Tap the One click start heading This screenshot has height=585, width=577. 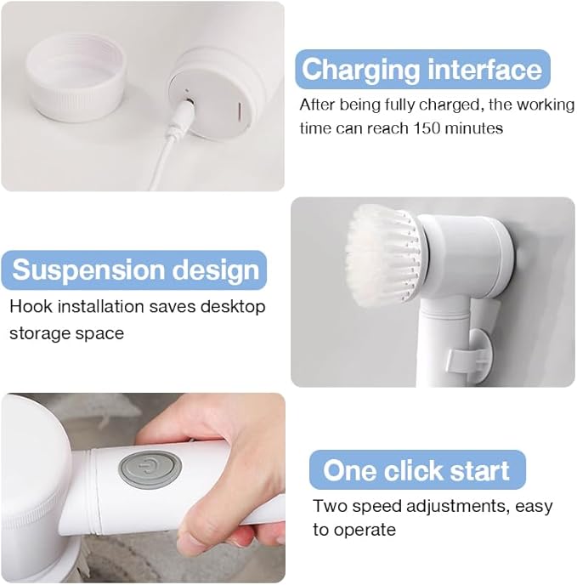click(x=416, y=470)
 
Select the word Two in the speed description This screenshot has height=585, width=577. click(x=330, y=506)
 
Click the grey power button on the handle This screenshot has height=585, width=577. click(x=150, y=468)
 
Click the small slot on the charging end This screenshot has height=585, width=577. click(x=239, y=111)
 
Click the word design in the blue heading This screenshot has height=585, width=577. click(x=218, y=270)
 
